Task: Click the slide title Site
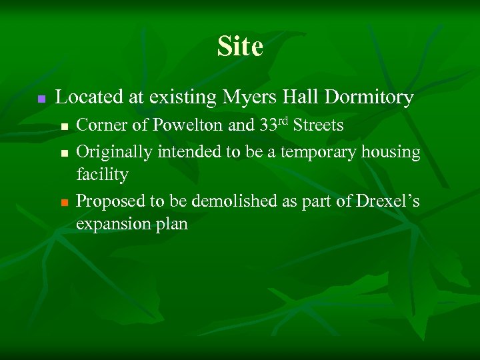pyautogui.click(x=240, y=47)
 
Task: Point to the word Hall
pyautogui.click(x=300, y=97)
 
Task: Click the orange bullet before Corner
pyautogui.click(x=64, y=126)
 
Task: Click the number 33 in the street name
pyautogui.click(x=269, y=125)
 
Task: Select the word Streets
pyautogui.click(x=319, y=125)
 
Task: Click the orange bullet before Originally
pyautogui.click(x=64, y=153)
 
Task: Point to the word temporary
pyautogui.click(x=319, y=152)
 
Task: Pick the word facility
pyautogui.click(x=102, y=175)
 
